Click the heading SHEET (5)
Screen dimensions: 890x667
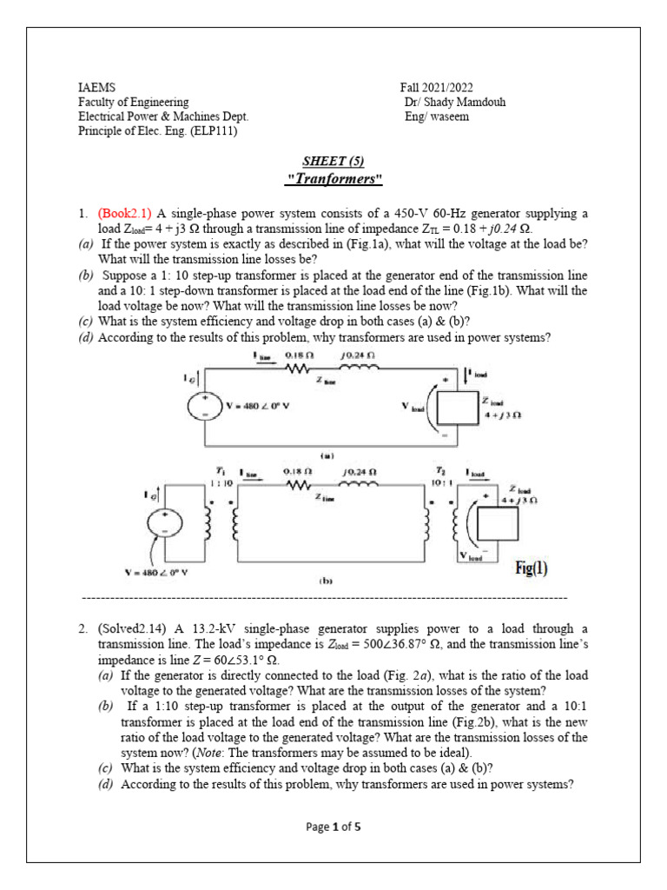pyautogui.click(x=333, y=162)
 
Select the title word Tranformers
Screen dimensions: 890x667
pyautogui.click(x=334, y=180)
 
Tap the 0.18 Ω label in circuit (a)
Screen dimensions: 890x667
pyautogui.click(x=296, y=355)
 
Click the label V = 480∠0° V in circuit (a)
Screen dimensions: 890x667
pyautogui.click(x=259, y=406)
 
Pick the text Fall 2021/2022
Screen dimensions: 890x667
pyautogui.click(x=438, y=88)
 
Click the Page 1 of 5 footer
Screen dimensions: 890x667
pyautogui.click(x=333, y=827)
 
